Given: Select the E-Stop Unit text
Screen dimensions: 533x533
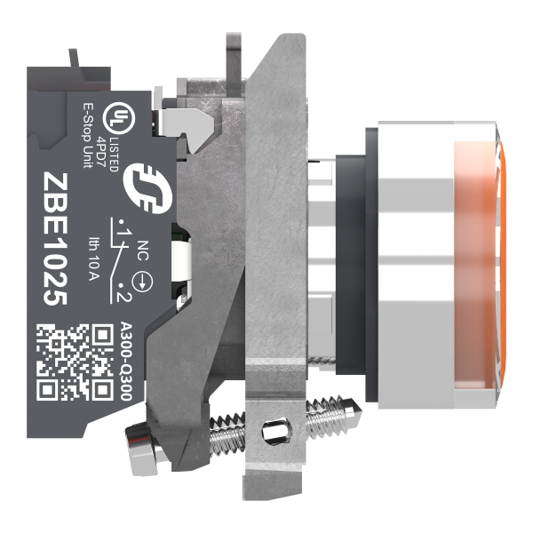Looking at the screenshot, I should pyautogui.click(x=87, y=132).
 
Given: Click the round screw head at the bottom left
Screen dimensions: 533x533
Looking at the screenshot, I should pyautogui.click(x=139, y=438).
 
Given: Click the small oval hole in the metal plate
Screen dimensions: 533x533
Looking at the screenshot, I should pyautogui.click(x=274, y=434).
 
